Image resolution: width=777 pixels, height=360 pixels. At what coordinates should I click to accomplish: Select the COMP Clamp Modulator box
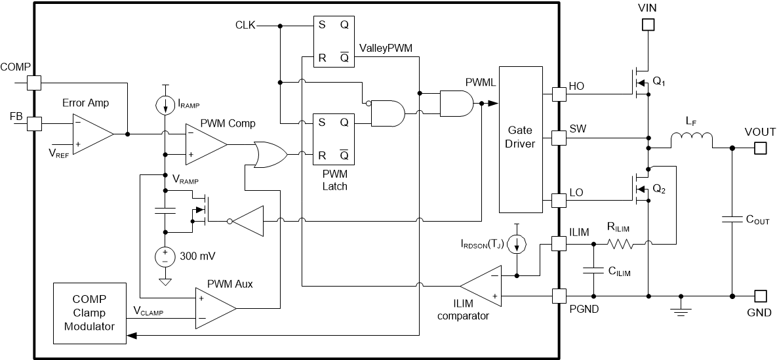pyautogui.click(x=89, y=313)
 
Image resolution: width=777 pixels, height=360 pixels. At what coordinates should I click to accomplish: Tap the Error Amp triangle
pyautogui.click(x=92, y=133)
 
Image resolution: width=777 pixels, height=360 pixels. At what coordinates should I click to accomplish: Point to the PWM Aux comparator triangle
pyautogui.click(x=215, y=308)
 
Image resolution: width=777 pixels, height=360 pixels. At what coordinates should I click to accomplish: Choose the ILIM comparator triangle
pyautogui.click(x=482, y=285)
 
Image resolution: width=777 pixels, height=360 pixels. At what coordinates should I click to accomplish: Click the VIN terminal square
pyautogui.click(x=648, y=25)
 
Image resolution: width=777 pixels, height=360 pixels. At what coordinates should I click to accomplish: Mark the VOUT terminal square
pyautogui.click(x=760, y=148)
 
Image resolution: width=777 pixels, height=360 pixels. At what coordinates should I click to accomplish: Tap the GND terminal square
pyautogui.click(x=760, y=296)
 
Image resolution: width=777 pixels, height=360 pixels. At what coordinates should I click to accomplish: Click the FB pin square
pyautogui.click(x=34, y=123)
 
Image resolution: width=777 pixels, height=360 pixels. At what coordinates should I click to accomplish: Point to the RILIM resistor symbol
pyautogui.click(x=620, y=244)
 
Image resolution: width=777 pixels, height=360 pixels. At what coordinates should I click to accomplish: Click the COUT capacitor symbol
pyautogui.click(x=732, y=220)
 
